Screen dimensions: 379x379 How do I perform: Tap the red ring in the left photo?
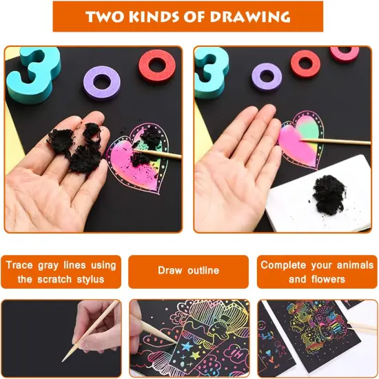click(157, 65)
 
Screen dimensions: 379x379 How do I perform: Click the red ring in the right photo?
click(305, 64)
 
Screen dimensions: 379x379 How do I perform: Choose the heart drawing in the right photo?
click(300, 138)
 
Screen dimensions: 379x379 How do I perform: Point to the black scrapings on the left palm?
click(76, 145)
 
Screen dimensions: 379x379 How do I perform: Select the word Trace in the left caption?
click(21, 265)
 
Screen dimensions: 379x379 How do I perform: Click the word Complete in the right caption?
click(285, 265)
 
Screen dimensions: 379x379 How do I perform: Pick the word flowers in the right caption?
click(330, 279)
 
